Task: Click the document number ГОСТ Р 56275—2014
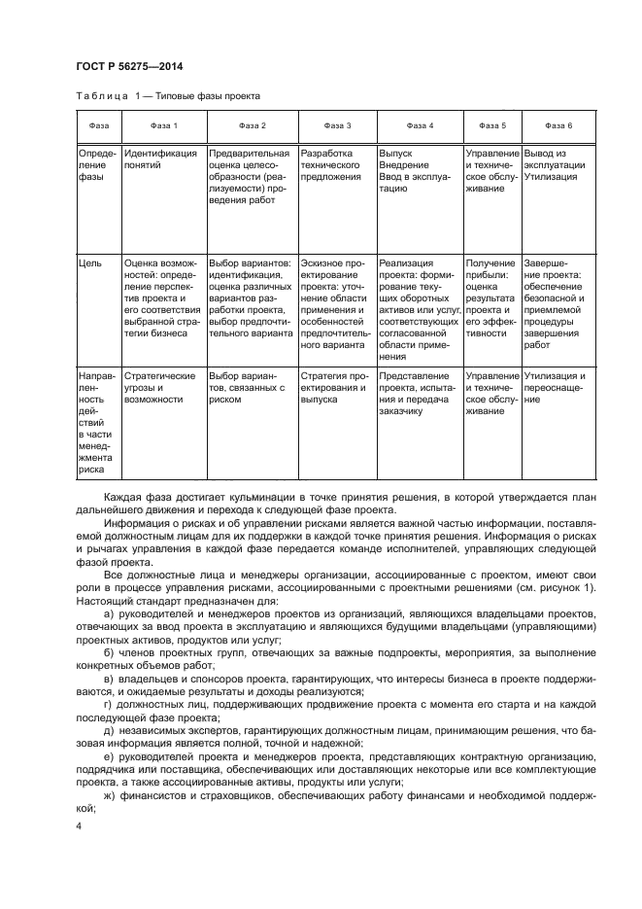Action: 129,66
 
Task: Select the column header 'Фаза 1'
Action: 162,126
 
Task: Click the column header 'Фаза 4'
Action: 420,126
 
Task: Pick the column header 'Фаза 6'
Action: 558,126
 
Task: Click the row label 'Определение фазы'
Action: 96,165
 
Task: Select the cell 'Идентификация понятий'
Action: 160,159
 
